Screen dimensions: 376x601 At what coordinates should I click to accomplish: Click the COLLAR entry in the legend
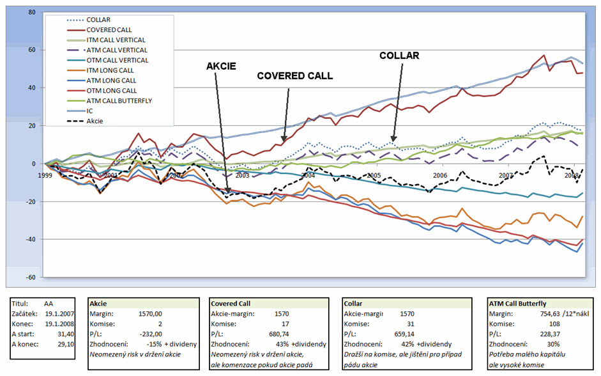pyautogui.click(x=98, y=19)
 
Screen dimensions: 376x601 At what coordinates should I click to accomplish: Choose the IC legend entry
pyautogui.click(x=89, y=111)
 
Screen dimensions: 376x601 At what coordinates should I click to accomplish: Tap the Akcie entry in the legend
pyautogui.click(x=95, y=121)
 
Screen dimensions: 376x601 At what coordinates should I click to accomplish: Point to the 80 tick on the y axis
pyautogui.click(x=31, y=12)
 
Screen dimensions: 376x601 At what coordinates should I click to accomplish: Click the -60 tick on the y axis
pyautogui.click(x=29, y=277)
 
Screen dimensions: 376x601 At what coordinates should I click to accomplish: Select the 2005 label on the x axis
pyautogui.click(x=374, y=175)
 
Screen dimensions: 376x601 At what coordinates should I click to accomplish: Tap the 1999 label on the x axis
pyautogui.click(x=44, y=175)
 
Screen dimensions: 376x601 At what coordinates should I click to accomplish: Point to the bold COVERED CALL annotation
pyautogui.click(x=294, y=75)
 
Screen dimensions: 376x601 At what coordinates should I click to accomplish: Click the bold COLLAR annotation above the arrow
pyautogui.click(x=399, y=56)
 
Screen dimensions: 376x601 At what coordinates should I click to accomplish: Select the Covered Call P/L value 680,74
pyautogui.click(x=276, y=333)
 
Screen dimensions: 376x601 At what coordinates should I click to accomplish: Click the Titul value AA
pyautogui.click(x=49, y=304)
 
